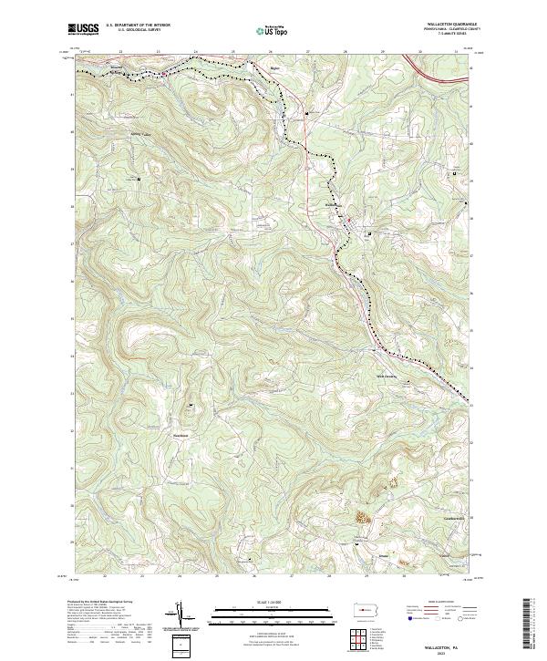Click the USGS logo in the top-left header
(83, 29)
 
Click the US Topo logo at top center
(275, 30)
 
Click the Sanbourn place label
(181, 434)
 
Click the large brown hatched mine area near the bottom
(362, 516)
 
